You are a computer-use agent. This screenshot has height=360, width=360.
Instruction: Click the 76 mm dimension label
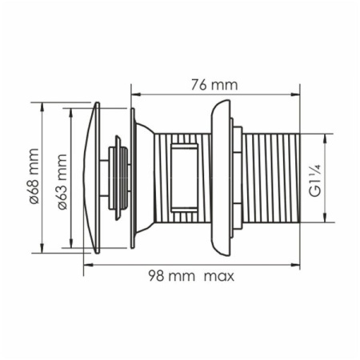pos(214,85)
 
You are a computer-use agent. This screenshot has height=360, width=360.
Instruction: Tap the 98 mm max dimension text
pos(191,276)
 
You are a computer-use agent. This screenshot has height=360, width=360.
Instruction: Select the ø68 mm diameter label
pos(34,176)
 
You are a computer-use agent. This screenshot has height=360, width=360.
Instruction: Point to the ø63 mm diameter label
pos(62,182)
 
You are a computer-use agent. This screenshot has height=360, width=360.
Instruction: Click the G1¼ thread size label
pos(315,181)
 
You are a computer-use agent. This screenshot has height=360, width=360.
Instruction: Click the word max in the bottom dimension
pos(219,277)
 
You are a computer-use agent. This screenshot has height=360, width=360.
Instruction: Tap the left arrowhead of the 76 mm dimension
pos(136,94)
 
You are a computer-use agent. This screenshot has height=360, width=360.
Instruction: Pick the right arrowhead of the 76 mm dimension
pos(295,94)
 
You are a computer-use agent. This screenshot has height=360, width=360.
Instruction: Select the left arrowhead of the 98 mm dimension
pos(88,265)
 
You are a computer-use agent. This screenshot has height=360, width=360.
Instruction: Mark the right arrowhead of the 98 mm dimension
pos(295,265)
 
